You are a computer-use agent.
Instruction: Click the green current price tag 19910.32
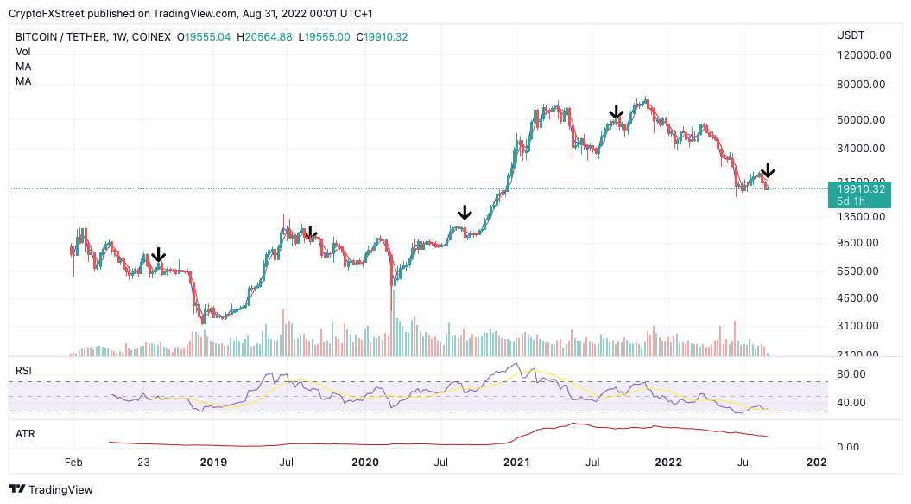tap(855, 189)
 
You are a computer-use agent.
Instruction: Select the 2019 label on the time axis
tap(212, 463)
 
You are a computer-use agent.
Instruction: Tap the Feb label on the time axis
tap(73, 463)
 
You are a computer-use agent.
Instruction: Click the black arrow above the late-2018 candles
tap(158, 256)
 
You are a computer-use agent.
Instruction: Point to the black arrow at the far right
tap(768, 171)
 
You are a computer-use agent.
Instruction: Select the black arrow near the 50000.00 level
tap(616, 112)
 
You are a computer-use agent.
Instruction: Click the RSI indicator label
tap(24, 371)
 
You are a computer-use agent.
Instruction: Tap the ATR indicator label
tap(25, 432)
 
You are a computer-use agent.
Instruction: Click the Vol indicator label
tap(23, 52)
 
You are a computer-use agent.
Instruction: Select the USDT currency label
tap(851, 35)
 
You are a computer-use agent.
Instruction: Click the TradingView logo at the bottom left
tap(51, 489)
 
